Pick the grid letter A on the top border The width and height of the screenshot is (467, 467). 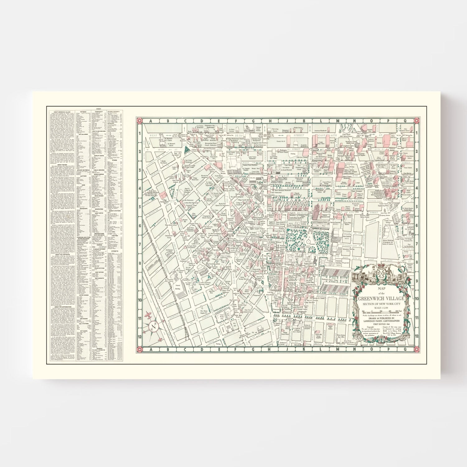pos(150,122)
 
